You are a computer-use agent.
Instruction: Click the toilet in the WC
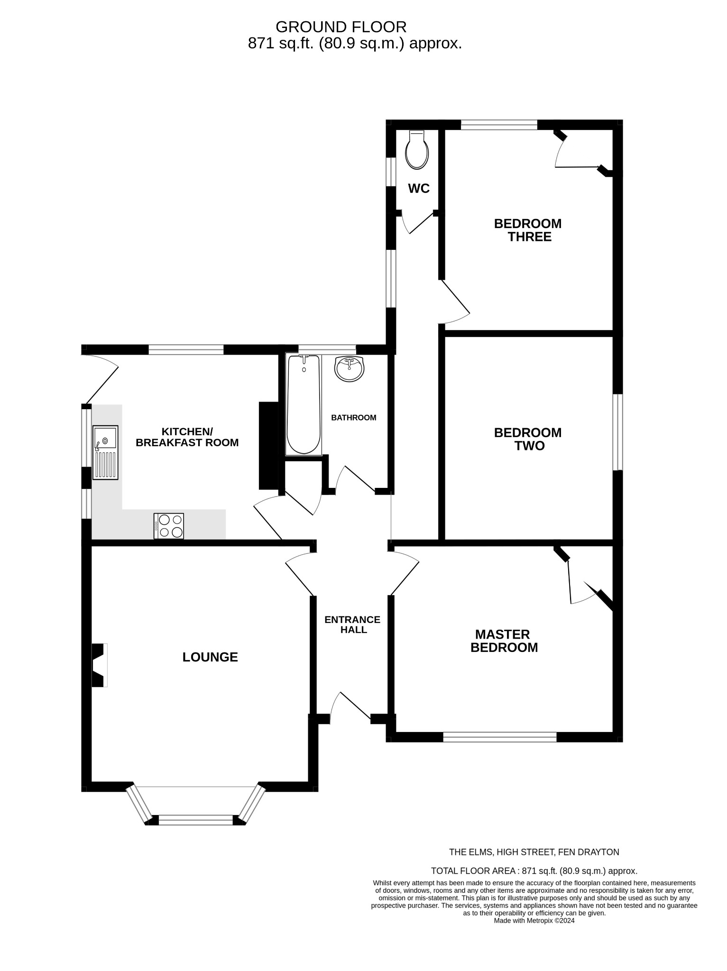pos(417,151)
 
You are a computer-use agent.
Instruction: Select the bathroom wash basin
pos(350,368)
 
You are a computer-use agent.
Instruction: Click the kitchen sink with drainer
pos(105,452)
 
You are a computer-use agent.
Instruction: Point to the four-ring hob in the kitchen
pos(168,526)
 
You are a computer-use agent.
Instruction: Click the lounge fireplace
pos(99,665)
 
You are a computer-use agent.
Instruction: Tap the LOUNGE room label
pos(210,657)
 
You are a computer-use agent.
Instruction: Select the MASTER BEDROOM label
pos(504,641)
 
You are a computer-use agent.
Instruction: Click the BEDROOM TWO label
pos(528,439)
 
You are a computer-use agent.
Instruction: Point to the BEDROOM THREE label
pos(528,230)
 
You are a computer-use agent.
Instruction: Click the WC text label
pos(419,189)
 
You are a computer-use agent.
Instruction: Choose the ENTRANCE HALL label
pos(352,624)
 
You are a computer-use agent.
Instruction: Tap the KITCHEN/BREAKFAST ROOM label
pos(187,437)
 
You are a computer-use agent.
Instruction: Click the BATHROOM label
pos(353,418)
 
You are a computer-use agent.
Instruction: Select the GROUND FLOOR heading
pos(341,27)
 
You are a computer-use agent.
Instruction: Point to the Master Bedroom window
pos(499,737)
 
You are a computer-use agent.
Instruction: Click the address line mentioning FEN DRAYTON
pos(534,852)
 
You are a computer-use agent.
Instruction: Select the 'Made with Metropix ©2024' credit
pos(534,921)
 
